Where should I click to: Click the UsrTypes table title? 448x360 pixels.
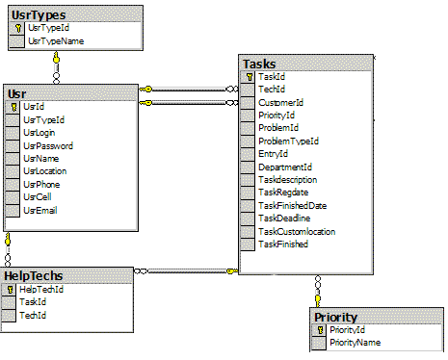[39, 15]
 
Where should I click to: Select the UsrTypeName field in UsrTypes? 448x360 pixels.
[56, 41]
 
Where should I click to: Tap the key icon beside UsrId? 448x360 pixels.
[13, 107]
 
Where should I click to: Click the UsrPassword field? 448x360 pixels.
[48, 146]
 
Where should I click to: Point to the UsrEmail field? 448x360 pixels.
[40, 211]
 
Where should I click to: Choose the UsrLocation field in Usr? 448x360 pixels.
[45, 171]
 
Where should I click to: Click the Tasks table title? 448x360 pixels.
[259, 64]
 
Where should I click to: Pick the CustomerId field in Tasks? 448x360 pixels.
[280, 103]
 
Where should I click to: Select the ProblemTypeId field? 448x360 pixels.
[288, 141]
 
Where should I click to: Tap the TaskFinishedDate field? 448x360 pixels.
[293, 206]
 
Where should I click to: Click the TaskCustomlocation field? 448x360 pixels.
[297, 232]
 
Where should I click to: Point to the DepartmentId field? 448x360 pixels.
[285, 167]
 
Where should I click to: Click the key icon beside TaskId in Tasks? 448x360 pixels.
[250, 77]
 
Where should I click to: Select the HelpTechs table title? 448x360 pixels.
[34, 276]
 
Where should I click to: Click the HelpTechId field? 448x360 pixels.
[41, 290]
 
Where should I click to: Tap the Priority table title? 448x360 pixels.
[335, 318]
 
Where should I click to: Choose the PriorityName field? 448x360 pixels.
[356, 343]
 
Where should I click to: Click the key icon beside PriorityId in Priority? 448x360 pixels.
[320, 330]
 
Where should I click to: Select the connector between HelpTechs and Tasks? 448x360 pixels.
[186, 271]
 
